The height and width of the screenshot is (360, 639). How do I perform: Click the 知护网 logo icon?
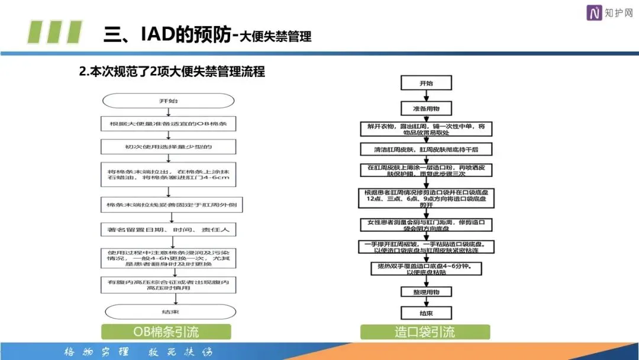594,12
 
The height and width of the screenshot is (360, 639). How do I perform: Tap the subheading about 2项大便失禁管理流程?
172,72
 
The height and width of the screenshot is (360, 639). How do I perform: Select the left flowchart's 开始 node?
169,101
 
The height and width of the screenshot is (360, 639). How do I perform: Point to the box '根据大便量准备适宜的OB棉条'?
169,124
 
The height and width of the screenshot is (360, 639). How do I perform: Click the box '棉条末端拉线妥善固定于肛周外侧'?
169,205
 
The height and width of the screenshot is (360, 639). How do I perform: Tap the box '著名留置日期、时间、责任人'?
169,228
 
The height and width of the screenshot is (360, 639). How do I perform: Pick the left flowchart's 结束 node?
169,312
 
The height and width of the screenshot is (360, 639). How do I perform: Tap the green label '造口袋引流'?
425,332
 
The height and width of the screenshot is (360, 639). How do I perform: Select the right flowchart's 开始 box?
426,83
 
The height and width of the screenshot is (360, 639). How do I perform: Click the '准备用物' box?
426,108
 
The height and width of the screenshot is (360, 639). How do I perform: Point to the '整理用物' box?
426,292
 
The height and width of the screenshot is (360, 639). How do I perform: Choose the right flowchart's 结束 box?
426,313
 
